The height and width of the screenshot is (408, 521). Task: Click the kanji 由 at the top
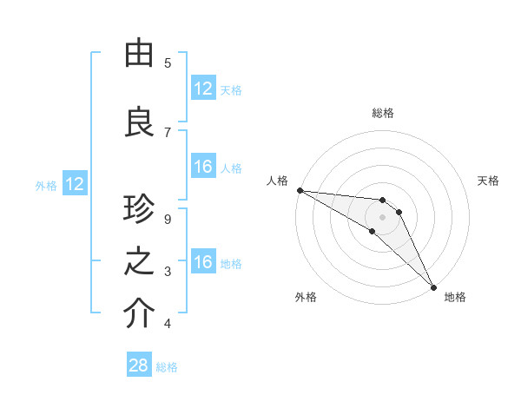click(x=139, y=54)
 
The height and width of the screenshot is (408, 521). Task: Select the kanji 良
click(x=139, y=122)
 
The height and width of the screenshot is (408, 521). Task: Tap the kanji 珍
click(x=139, y=211)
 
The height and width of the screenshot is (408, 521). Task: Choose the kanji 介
click(x=139, y=314)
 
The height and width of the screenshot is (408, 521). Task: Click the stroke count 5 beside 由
click(x=168, y=63)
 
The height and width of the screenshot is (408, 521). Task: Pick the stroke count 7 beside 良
click(x=168, y=132)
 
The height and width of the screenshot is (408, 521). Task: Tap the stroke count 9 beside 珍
click(x=168, y=219)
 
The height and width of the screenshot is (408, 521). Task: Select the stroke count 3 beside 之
click(x=168, y=272)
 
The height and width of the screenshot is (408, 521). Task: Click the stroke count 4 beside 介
click(x=168, y=324)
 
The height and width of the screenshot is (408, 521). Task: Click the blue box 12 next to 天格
click(x=203, y=89)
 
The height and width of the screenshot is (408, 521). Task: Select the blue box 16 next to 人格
click(x=203, y=167)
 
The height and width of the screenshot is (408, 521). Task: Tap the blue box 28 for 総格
click(x=139, y=365)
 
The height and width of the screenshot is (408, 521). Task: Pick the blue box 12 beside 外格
click(x=75, y=184)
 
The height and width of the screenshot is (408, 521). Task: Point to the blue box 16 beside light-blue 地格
click(x=203, y=262)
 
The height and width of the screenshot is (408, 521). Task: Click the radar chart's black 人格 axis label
click(x=277, y=181)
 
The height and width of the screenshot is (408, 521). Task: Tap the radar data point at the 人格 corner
click(x=300, y=190)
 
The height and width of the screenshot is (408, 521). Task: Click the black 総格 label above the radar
click(x=383, y=113)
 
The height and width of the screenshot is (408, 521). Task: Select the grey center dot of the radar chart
click(x=383, y=217)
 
